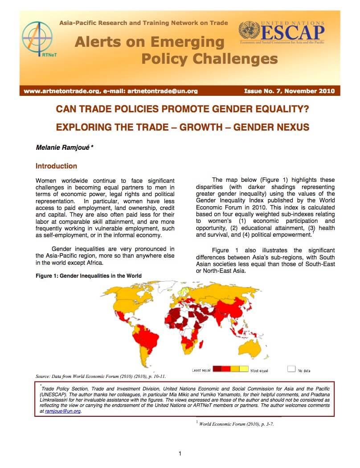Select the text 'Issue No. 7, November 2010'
click(289, 91)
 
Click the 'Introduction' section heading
click(56, 166)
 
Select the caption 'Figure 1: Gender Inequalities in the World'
click(89, 276)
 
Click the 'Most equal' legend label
click(260, 370)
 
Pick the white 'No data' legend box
click(291, 369)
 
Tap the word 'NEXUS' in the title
click(290, 127)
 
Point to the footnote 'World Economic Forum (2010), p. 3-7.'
click(237, 424)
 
